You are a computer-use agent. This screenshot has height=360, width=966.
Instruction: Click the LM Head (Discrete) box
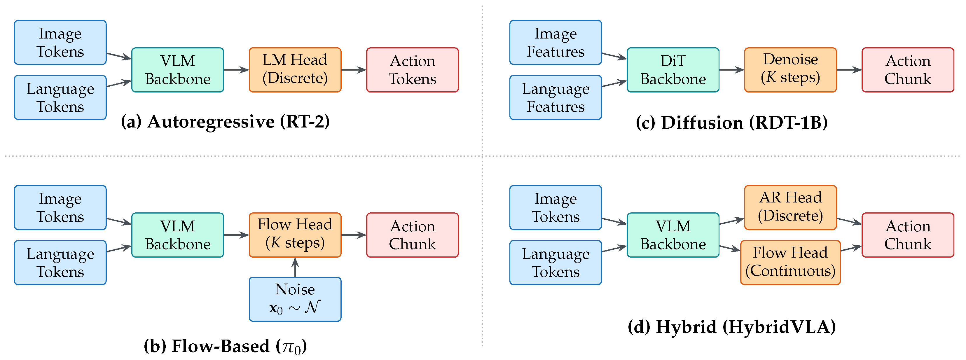(x=295, y=70)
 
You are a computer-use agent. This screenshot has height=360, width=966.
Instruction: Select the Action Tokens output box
(x=413, y=70)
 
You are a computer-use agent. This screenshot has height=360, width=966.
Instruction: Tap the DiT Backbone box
(x=673, y=70)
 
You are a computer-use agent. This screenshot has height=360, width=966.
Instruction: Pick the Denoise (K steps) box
(x=790, y=70)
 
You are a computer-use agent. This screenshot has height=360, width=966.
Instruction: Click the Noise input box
(x=295, y=299)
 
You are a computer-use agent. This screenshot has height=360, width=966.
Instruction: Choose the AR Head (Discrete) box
(x=790, y=207)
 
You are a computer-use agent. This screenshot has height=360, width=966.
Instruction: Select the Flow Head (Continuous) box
(x=790, y=263)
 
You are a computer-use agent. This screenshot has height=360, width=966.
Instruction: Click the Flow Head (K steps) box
(x=295, y=235)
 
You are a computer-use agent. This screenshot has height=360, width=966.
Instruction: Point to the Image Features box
(x=556, y=42)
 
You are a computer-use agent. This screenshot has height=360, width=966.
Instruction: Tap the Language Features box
(x=556, y=97)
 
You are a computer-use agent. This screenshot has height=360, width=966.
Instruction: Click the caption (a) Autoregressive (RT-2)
(x=225, y=122)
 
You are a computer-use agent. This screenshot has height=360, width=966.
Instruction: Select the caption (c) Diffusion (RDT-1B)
(x=732, y=123)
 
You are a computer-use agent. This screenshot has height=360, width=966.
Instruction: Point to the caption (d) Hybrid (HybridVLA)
(x=732, y=327)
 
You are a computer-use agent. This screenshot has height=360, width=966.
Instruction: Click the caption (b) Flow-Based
(x=225, y=346)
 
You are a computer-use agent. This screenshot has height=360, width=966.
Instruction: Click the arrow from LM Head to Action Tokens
(x=354, y=70)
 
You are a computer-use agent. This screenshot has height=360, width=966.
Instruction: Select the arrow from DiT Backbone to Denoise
(x=732, y=70)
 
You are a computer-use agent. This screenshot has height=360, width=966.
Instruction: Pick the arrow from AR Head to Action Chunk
(x=849, y=221)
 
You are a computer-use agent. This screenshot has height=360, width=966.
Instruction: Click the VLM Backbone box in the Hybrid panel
(x=673, y=235)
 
